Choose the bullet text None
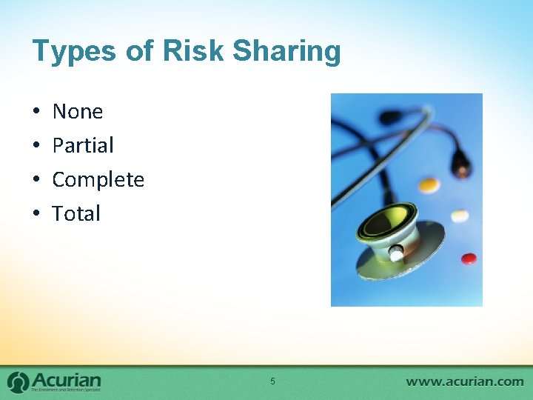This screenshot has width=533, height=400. pyautogui.click(x=78, y=112)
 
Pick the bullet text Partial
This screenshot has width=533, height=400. pyautogui.click(x=83, y=146)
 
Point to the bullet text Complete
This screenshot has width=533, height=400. pyautogui.click(x=98, y=180)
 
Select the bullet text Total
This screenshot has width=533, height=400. pyautogui.click(x=76, y=214)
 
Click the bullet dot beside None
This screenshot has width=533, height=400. pyautogui.click(x=36, y=113)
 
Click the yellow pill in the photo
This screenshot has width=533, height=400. pyautogui.click(x=429, y=184)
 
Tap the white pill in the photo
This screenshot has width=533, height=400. pyautogui.click(x=460, y=216)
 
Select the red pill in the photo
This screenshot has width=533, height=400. pyautogui.click(x=469, y=259)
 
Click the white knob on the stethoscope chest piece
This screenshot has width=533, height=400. pyautogui.click(x=397, y=255)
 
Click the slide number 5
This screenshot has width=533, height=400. pyautogui.click(x=272, y=381)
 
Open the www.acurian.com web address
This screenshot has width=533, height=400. pyautogui.click(x=465, y=381)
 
